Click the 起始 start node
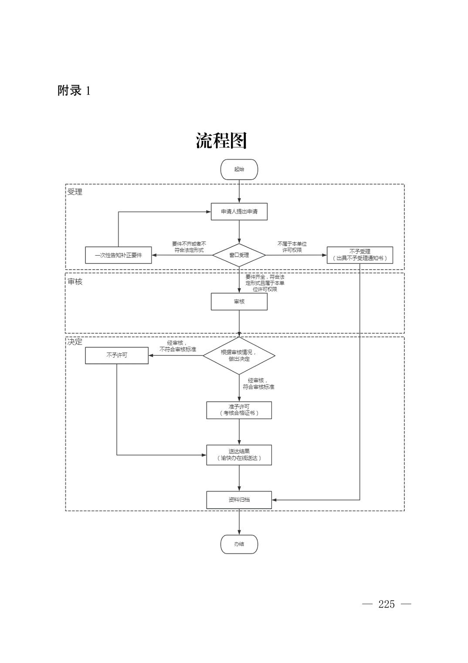[x=239, y=169]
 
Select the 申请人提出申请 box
[x=239, y=212]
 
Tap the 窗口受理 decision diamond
[x=239, y=255]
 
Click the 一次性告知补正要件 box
[x=119, y=255]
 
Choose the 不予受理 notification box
[x=359, y=255]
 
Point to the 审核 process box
[x=239, y=301]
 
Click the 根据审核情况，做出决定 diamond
[x=239, y=355]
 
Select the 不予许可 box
[x=116, y=355]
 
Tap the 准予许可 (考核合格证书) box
[x=239, y=410]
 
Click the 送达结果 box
[x=239, y=455]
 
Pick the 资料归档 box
[x=239, y=500]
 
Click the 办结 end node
[x=239, y=544]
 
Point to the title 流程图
[x=221, y=140]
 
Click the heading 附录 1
[x=74, y=91]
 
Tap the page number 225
[x=387, y=604]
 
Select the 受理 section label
[x=75, y=192]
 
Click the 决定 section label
[x=75, y=342]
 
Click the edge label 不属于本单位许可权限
[x=292, y=247]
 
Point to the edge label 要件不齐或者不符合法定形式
[x=189, y=247]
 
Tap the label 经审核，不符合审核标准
[x=177, y=346]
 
